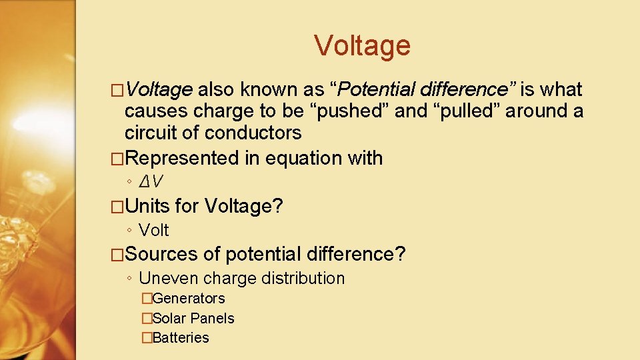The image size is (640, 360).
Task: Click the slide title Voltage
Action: click(362, 46)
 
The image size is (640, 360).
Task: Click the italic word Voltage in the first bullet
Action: click(159, 90)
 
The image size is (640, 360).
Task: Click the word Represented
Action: click(181, 159)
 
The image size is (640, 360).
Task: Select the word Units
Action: click(147, 206)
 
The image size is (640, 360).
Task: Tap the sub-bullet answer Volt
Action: click(154, 230)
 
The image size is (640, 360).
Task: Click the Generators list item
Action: click(189, 299)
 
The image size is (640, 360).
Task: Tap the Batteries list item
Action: click(181, 338)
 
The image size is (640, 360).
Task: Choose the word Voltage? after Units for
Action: click(244, 206)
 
